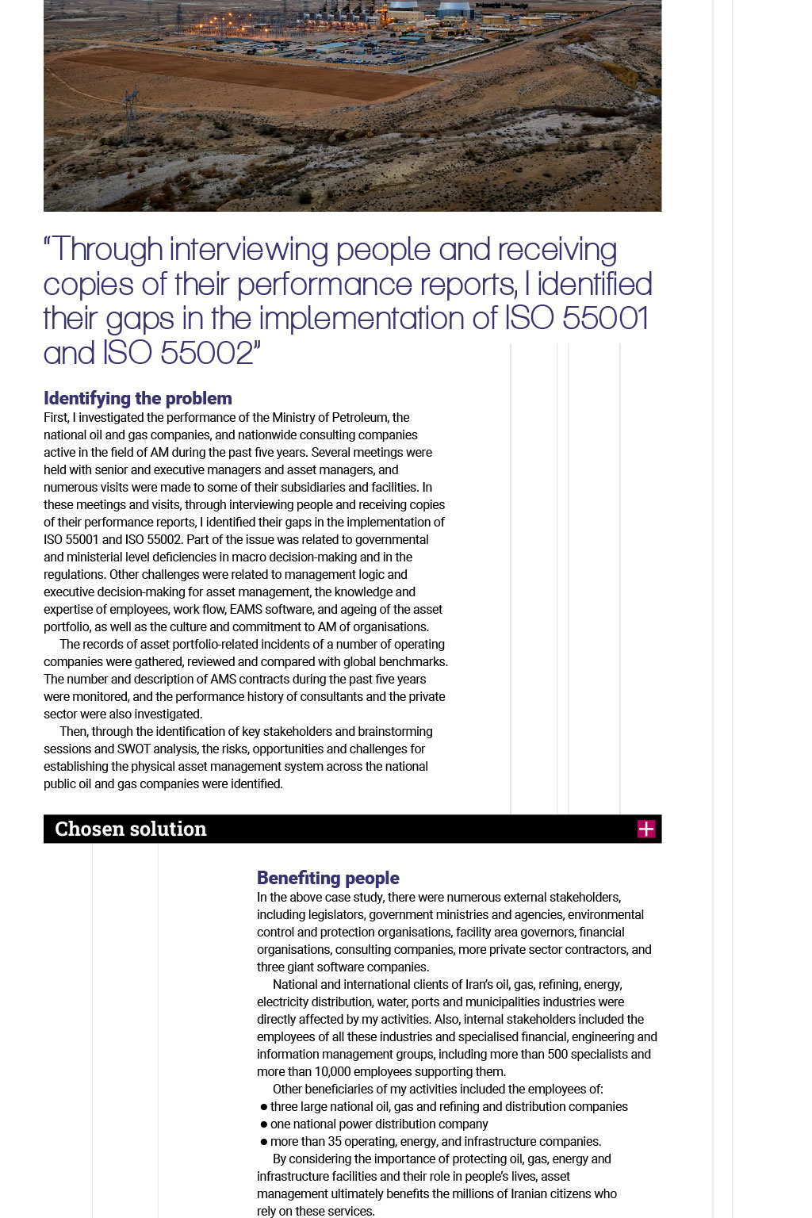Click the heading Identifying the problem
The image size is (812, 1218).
point(138,398)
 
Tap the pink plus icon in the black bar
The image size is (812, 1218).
point(646,829)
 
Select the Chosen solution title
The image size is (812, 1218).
point(131,829)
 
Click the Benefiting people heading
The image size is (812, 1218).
point(327,878)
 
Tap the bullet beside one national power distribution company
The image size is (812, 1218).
point(263,1124)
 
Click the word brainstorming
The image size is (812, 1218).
point(394,731)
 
